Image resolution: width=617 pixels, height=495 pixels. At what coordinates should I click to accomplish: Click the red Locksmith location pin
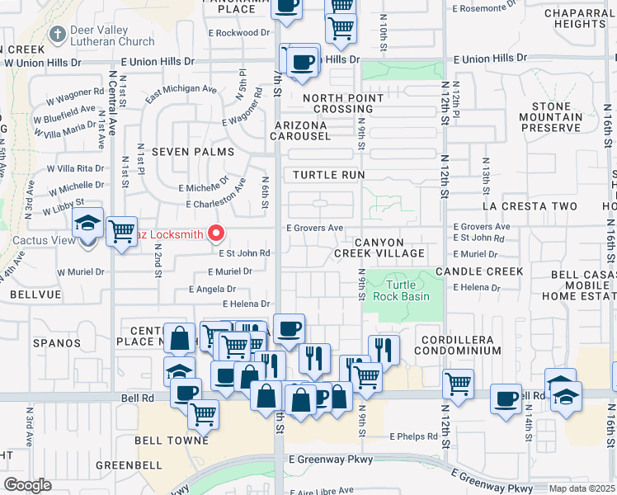tap(217, 234)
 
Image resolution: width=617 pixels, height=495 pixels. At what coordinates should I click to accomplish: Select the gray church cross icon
tap(57, 35)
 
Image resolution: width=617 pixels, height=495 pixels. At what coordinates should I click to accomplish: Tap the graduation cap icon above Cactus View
tap(87, 223)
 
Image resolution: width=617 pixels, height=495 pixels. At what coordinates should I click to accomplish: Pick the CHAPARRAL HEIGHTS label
tap(580, 18)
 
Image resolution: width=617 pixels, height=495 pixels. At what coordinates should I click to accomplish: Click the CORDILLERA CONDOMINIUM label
tap(460, 345)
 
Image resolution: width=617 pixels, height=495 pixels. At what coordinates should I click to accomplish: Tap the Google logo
tap(28, 485)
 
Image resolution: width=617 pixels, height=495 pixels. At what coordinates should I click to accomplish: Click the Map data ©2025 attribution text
tap(582, 488)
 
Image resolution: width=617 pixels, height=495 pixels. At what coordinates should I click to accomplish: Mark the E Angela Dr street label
tap(212, 290)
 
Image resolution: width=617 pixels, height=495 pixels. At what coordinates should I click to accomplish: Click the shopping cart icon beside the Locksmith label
tap(121, 232)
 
